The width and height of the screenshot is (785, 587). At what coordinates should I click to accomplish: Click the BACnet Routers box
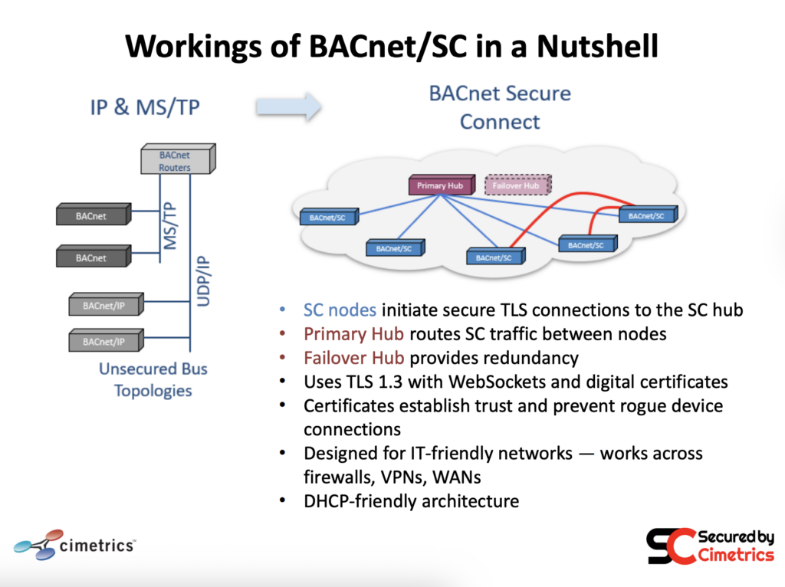176,160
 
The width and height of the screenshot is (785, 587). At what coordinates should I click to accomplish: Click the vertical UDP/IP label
204,281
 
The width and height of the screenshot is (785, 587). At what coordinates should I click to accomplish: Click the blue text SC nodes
340,310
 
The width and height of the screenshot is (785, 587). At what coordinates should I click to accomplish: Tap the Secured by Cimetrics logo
710,546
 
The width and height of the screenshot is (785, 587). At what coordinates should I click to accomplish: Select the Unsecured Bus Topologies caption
153,379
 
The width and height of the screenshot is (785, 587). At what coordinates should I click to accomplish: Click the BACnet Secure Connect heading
500,107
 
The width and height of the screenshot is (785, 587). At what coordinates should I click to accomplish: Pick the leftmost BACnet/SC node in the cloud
327,218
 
